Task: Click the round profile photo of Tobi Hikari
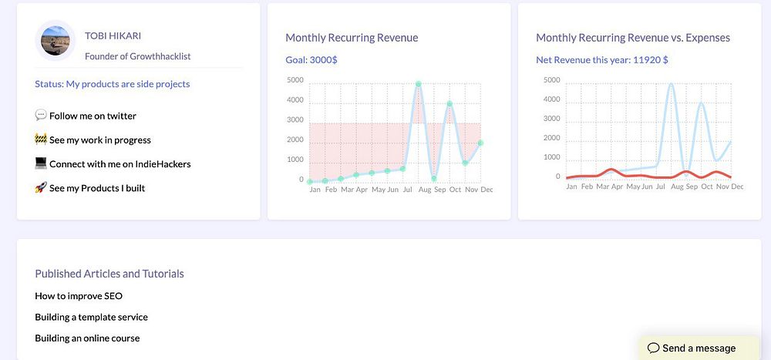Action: [x=56, y=41]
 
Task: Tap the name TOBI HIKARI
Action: [x=113, y=35]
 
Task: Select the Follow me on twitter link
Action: [x=93, y=116]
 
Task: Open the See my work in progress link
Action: [x=99, y=140]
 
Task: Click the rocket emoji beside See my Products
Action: [x=41, y=187]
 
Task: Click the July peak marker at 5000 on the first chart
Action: [x=418, y=84]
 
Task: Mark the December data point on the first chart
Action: [x=480, y=143]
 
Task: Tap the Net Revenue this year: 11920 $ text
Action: [x=601, y=59]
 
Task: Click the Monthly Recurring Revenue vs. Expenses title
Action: [x=632, y=38]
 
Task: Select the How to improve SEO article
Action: [x=79, y=295]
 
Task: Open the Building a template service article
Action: [x=91, y=317]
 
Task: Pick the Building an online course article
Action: [x=87, y=338]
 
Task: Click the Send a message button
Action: [x=692, y=348]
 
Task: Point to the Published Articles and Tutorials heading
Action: [x=109, y=274]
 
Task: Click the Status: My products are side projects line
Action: [x=112, y=83]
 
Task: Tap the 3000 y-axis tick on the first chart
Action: [x=295, y=119]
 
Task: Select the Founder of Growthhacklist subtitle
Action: [x=138, y=56]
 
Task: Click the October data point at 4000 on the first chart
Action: [x=449, y=103]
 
